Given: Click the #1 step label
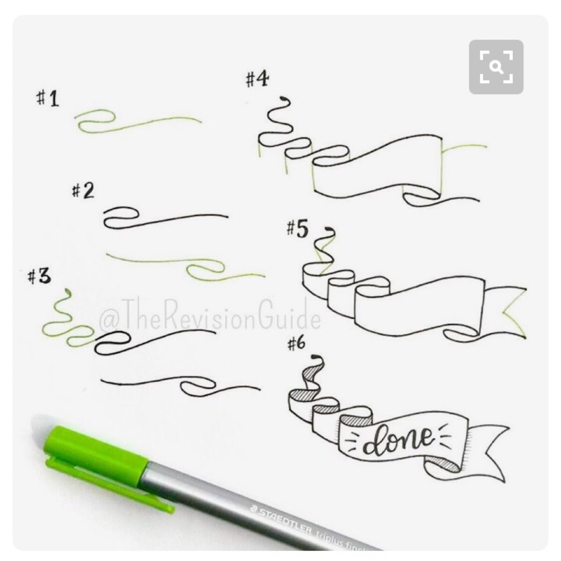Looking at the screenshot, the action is [48, 98].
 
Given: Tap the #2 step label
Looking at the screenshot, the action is [83, 190].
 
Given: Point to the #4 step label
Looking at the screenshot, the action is [257, 79].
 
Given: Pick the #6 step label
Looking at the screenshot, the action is [296, 344].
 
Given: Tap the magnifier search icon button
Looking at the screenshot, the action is [496, 67].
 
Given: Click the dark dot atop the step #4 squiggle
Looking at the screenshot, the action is [283, 99].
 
